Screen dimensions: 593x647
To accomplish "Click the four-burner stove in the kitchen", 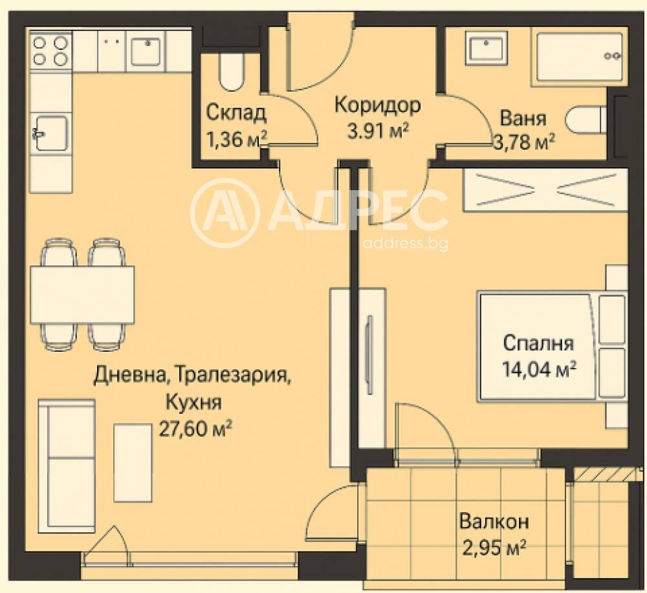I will [x=50, y=50].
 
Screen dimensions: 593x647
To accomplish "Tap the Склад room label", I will [x=236, y=113].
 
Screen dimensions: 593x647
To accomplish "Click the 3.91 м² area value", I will [x=379, y=131].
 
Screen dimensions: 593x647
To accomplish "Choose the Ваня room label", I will [x=523, y=119].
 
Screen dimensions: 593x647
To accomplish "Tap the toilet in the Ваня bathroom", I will [x=586, y=121].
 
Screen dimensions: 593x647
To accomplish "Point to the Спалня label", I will [x=538, y=343].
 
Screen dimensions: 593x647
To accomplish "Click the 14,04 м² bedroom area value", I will [x=539, y=369].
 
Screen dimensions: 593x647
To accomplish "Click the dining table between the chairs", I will [x=82, y=295].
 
